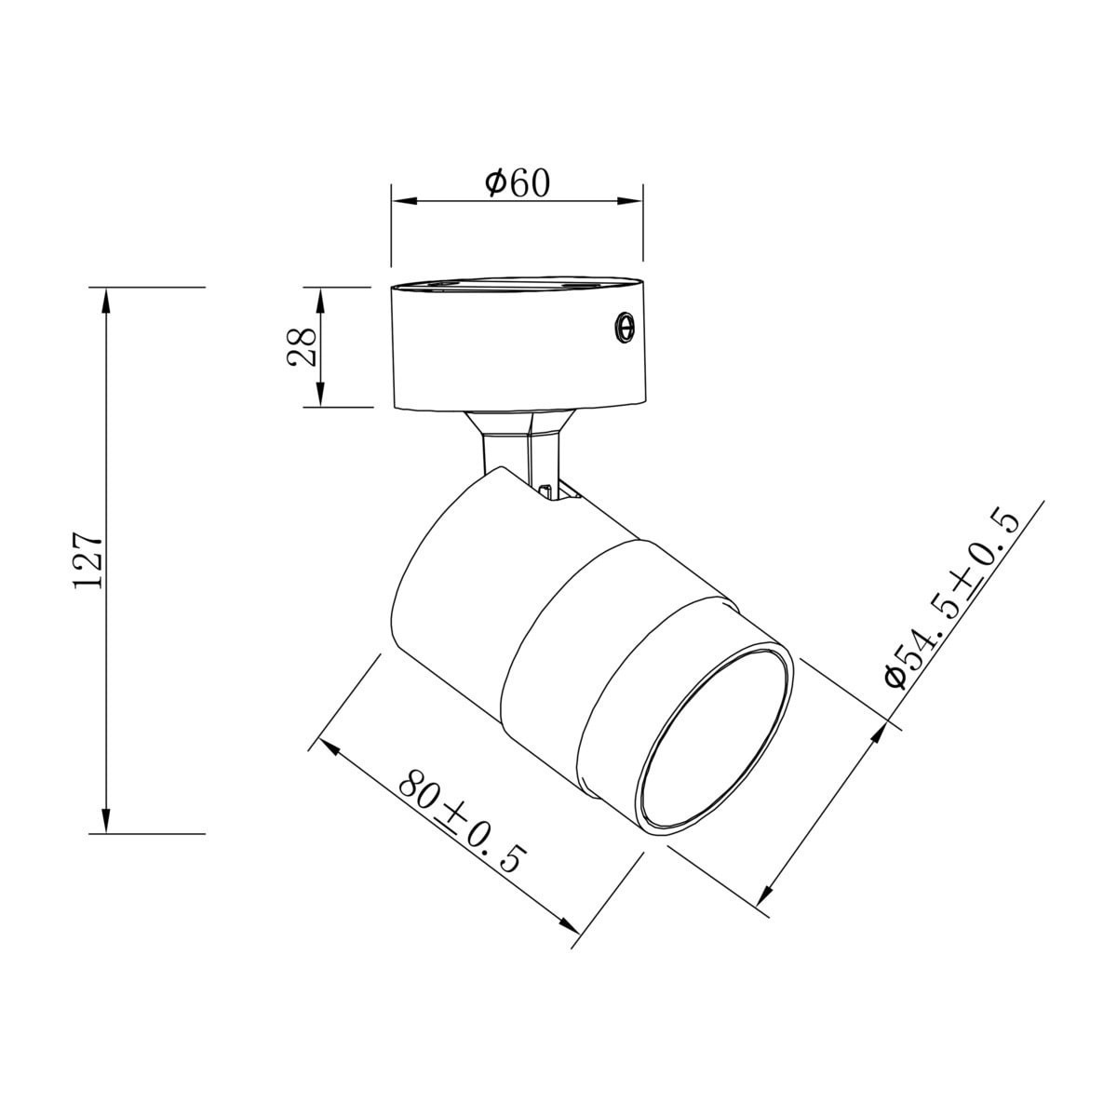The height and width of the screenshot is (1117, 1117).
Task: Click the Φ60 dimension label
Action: coord(518,182)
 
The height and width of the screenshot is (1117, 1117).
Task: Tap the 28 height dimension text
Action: coord(303,346)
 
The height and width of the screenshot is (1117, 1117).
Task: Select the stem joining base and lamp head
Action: coord(521,447)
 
